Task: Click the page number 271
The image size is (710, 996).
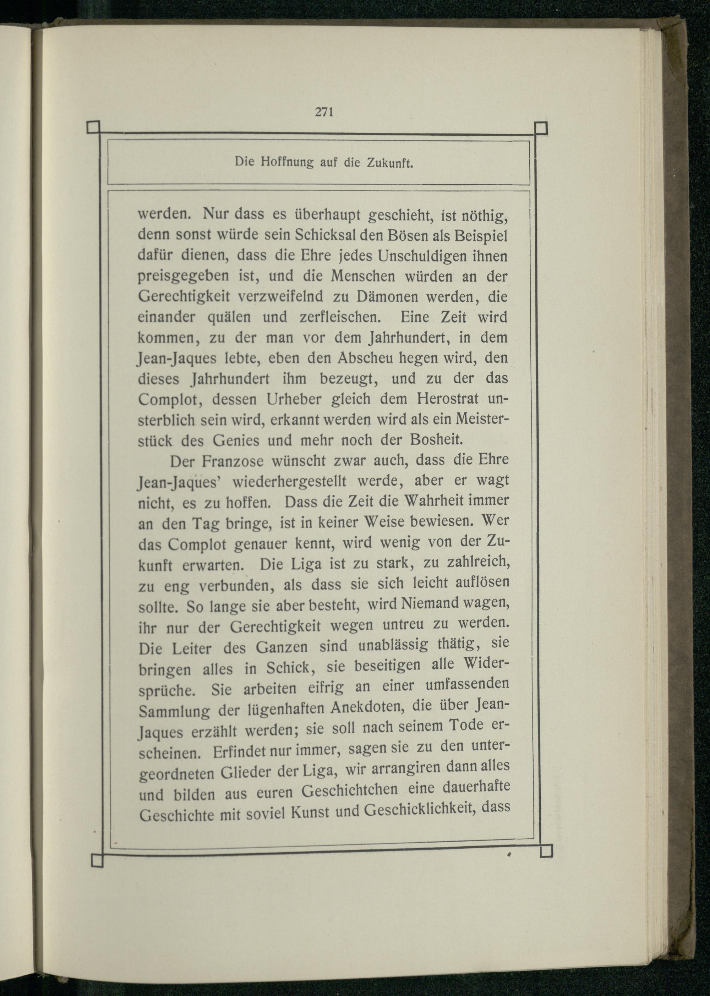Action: click(324, 112)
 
